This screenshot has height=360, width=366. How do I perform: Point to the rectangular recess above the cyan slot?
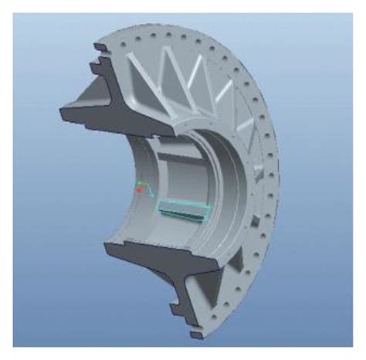click(181, 174)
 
